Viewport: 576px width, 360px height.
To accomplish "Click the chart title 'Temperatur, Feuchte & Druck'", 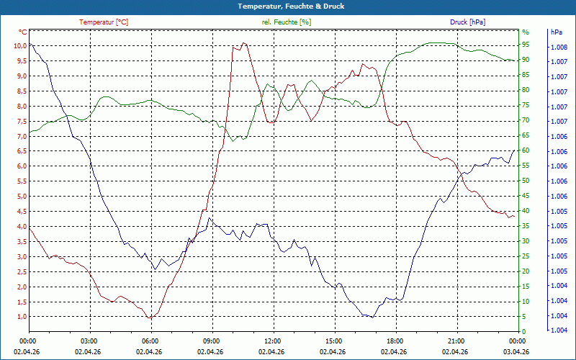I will point(287,6).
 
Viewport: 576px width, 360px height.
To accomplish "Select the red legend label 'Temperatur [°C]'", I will point(104,22).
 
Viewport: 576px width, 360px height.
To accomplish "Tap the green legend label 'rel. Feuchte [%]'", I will point(287,22).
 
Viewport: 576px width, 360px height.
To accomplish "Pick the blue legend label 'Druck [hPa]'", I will point(467,22).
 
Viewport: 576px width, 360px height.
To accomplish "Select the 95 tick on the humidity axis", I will point(526,46).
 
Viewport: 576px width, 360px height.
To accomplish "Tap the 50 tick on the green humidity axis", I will point(526,181).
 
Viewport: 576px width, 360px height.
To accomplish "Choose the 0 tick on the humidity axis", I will point(524,332).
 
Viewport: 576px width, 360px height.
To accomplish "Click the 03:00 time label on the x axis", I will point(89,341).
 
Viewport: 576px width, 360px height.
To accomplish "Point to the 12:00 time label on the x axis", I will point(272,341).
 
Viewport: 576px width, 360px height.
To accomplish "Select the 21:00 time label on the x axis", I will point(456,341).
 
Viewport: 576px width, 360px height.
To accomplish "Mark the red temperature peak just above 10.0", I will point(245,43).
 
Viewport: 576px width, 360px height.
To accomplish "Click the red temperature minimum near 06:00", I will point(150,318).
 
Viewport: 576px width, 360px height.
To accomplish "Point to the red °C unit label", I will point(23,32).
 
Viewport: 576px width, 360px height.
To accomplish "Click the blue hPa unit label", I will point(557,32).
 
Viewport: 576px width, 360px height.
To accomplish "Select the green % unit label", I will point(525,32).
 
